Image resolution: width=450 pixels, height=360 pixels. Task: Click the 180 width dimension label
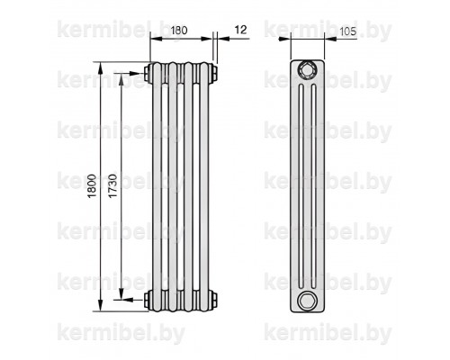pyautogui.click(x=179, y=31)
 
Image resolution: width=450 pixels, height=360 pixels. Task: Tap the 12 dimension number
pyautogui.click(x=240, y=30)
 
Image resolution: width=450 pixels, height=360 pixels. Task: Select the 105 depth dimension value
pyautogui.click(x=348, y=31)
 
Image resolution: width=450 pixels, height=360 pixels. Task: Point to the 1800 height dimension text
pyautogui.click(x=93, y=185)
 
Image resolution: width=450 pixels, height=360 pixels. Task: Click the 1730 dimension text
pyautogui.click(x=112, y=185)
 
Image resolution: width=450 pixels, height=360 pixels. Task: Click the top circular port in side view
pyautogui.click(x=307, y=70)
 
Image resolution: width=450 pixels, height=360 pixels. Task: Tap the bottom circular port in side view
pyautogui.click(x=307, y=301)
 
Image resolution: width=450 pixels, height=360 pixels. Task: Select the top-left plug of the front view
pyautogui.click(x=148, y=74)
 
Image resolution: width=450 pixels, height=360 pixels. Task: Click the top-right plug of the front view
pyautogui.click(x=214, y=74)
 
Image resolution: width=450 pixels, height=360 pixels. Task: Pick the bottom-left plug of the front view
pyautogui.click(x=148, y=299)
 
